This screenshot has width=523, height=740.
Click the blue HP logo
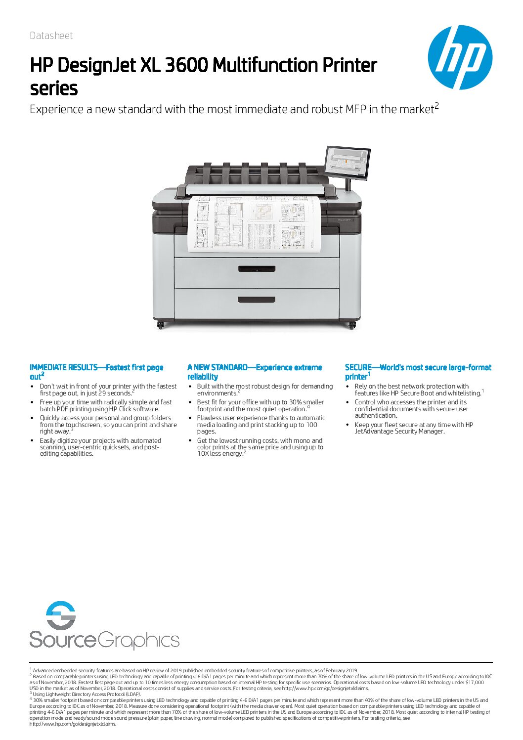coord(460,57)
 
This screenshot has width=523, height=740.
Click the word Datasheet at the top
coord(51,36)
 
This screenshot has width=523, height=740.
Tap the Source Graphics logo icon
coord(60,615)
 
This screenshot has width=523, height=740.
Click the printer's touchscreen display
coord(348,163)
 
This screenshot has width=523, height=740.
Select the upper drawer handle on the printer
coord(257,269)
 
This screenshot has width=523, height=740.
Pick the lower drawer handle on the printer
coord(257,300)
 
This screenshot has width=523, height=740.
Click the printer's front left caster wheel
coord(161,325)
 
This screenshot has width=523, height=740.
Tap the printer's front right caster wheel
coord(352,325)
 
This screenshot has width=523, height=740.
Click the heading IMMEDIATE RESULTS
coord(63,367)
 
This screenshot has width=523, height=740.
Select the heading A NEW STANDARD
coord(217,367)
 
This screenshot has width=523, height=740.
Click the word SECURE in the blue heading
coord(358,367)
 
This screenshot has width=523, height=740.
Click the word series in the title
coord(54,89)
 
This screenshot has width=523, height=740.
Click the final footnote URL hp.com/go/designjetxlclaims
coord(73,724)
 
